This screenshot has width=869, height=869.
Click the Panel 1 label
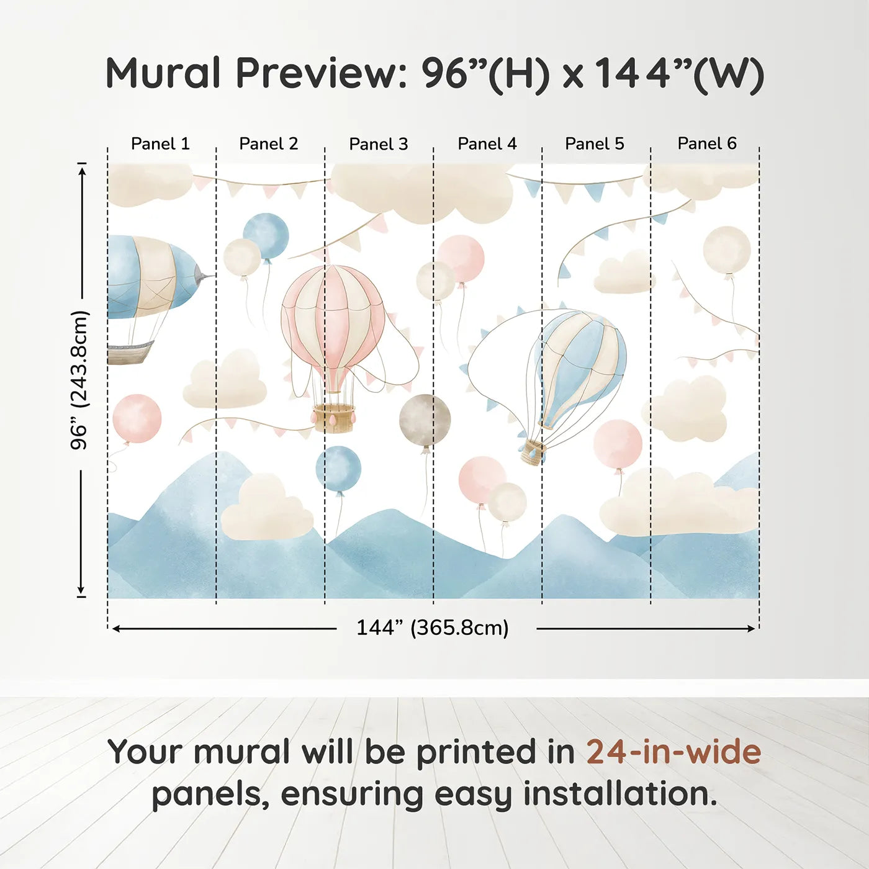point(160,144)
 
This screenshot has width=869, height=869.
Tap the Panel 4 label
point(487,144)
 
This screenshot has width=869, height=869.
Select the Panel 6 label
point(706,143)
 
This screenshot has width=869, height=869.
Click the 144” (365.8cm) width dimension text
point(433,628)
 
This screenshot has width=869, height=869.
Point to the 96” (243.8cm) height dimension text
point(79,380)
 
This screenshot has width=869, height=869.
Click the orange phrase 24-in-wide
point(673,752)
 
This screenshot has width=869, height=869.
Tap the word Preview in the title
point(322,73)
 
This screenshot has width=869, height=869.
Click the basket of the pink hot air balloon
point(334,418)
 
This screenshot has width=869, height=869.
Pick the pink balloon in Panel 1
point(137,419)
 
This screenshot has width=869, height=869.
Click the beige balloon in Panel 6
point(726,250)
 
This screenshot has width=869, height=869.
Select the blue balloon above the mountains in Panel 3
point(338,469)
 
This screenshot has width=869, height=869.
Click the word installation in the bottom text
point(621,794)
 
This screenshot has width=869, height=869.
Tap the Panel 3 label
point(379,144)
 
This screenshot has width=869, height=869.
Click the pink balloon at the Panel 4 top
point(460,258)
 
